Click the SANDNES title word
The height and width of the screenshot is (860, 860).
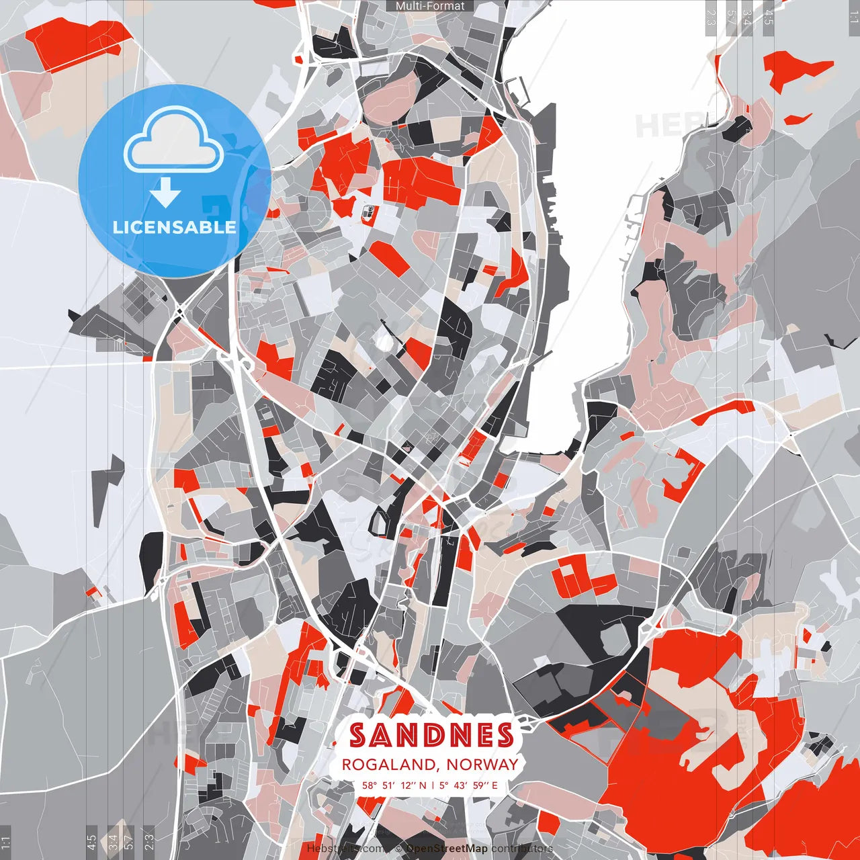pyautogui.click(x=431, y=735)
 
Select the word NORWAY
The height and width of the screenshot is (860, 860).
pyautogui.click(x=482, y=765)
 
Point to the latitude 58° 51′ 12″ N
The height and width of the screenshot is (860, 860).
pyautogui.click(x=394, y=785)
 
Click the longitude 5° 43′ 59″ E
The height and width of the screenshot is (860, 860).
pyautogui.click(x=470, y=785)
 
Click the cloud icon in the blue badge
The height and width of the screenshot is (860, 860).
pyautogui.click(x=174, y=143)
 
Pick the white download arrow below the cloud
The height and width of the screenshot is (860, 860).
pyautogui.click(x=165, y=193)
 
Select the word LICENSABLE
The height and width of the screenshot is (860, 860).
pyautogui.click(x=174, y=227)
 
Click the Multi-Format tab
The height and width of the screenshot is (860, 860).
pyautogui.click(x=430, y=6)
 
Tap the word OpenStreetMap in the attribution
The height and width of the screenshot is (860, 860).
pyautogui.click(x=446, y=849)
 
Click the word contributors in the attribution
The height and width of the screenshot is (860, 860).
pyautogui.click(x=522, y=849)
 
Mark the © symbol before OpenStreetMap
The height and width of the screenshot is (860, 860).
pyautogui.click(x=398, y=849)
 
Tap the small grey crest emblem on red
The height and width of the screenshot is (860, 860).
pyautogui.click(x=369, y=214)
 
